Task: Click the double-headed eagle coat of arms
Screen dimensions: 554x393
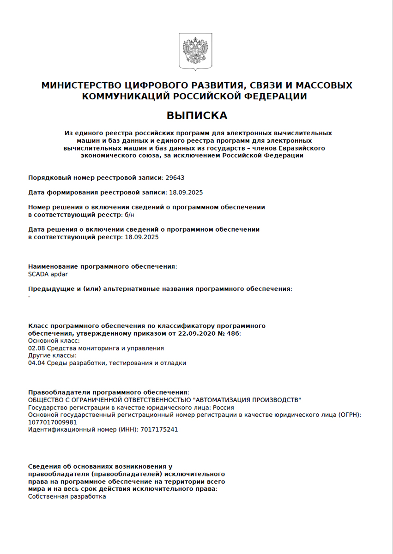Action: coord(196,51)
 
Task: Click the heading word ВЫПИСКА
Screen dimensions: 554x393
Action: coord(197,115)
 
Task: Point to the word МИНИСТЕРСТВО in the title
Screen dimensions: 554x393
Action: coord(82,85)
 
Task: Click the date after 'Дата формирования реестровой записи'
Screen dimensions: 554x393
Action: coord(187,193)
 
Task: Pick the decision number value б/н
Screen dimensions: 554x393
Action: coord(130,215)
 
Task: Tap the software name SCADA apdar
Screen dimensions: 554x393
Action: coord(48,274)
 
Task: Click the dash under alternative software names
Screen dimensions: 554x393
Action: coord(30,296)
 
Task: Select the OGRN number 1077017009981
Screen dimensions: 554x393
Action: coord(52,422)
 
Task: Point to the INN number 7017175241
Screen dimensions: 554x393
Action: coord(159,429)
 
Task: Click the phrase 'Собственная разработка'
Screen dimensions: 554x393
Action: coord(67,496)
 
